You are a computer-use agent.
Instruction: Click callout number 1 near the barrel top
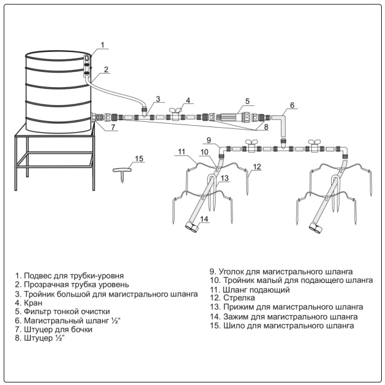(x=103, y=44)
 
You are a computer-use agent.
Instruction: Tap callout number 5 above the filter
(x=246, y=101)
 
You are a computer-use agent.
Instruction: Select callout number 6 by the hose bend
(x=292, y=105)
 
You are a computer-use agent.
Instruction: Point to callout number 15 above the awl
(x=140, y=158)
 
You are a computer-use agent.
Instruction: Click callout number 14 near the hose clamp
(x=204, y=219)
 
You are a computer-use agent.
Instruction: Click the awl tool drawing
(x=121, y=173)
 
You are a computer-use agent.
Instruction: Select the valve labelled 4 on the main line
(x=177, y=116)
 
